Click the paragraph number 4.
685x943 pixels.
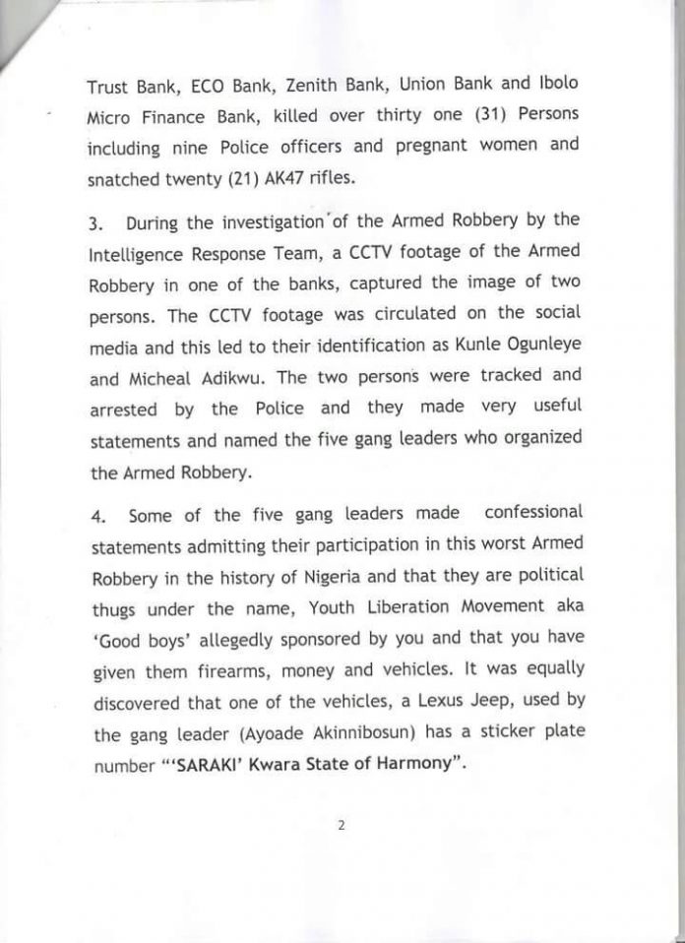(96, 513)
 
